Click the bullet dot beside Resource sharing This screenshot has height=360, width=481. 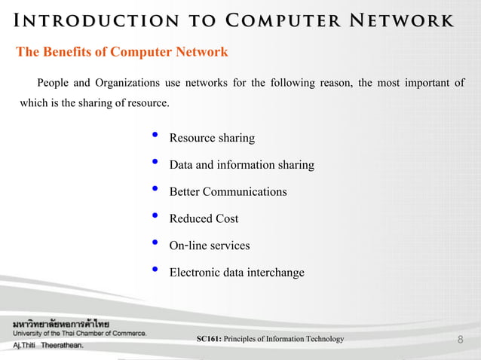tap(155, 136)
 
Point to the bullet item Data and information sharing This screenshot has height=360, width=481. tap(241, 165)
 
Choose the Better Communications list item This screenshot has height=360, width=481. tap(228, 192)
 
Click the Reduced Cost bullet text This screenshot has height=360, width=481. tap(204, 219)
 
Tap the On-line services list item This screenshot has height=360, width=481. tap(209, 246)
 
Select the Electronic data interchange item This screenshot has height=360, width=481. tap(237, 273)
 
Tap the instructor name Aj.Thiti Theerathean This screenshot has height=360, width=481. tap(47, 346)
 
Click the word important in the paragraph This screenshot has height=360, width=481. tap(418, 82)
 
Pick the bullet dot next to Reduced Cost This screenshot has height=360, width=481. tap(155, 217)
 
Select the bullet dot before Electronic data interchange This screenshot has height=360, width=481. tap(155, 270)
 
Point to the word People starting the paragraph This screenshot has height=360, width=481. tap(54, 82)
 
